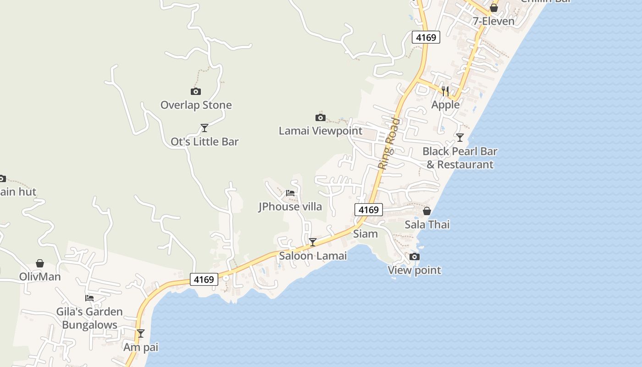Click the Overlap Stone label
click(x=196, y=105)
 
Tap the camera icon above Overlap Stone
click(x=196, y=92)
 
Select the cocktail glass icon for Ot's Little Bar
click(x=205, y=128)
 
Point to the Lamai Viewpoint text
click(x=321, y=131)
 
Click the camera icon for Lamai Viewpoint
click(x=321, y=118)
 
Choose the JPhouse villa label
click(x=290, y=206)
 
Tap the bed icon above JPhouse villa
click(x=290, y=193)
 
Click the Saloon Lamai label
click(x=313, y=256)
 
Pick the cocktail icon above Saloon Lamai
click(x=313, y=242)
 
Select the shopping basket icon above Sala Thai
click(x=427, y=211)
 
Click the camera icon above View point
click(x=415, y=256)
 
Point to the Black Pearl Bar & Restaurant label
click(x=459, y=158)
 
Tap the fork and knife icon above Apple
click(x=445, y=91)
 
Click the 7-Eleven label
click(x=493, y=21)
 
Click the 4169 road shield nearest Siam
click(x=369, y=210)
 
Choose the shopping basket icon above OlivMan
click(x=40, y=263)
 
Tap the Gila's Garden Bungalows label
click(x=89, y=318)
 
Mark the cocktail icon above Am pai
click(x=141, y=334)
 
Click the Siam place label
click(x=365, y=234)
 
